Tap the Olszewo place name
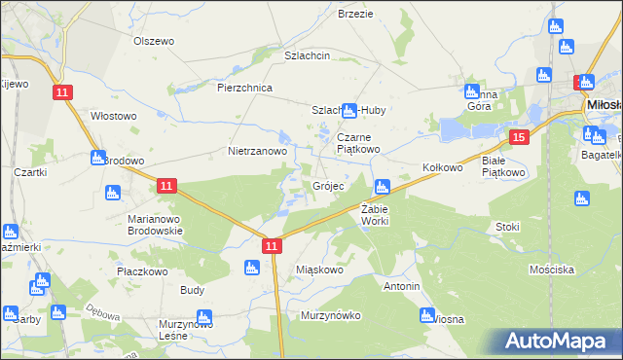pyautogui.click(x=153, y=41)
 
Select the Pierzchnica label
pyautogui.click(x=244, y=88)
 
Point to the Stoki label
pyautogui.click(x=507, y=227)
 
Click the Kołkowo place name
pyautogui.click(x=442, y=167)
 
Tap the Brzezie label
pyautogui.click(x=355, y=14)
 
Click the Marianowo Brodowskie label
pyautogui.click(x=155, y=225)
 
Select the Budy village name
pyautogui.click(x=192, y=290)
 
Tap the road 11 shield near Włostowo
pyautogui.click(x=62, y=91)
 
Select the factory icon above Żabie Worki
pyautogui.click(x=383, y=185)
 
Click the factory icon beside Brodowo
pyautogui.click(x=97, y=158)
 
